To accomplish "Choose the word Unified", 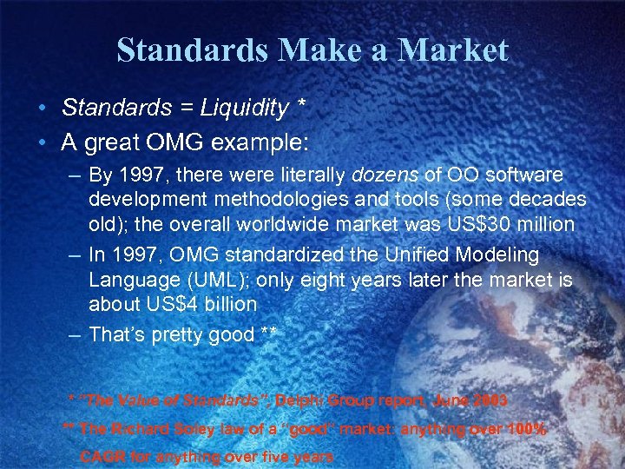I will (375, 255).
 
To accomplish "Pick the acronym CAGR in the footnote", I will (102, 456).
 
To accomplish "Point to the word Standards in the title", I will (193, 50).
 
